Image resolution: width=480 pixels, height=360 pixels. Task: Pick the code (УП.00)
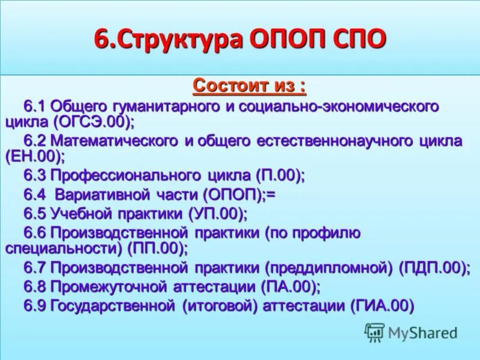[x=217, y=214]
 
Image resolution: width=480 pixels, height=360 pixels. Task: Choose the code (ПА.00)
[x=290, y=286]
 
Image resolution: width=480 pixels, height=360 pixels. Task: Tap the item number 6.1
[x=35, y=107]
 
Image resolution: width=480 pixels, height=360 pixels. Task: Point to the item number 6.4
[x=35, y=195]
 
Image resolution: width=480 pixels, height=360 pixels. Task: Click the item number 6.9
[x=35, y=306]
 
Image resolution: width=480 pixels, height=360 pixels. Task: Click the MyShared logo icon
[x=374, y=331]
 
